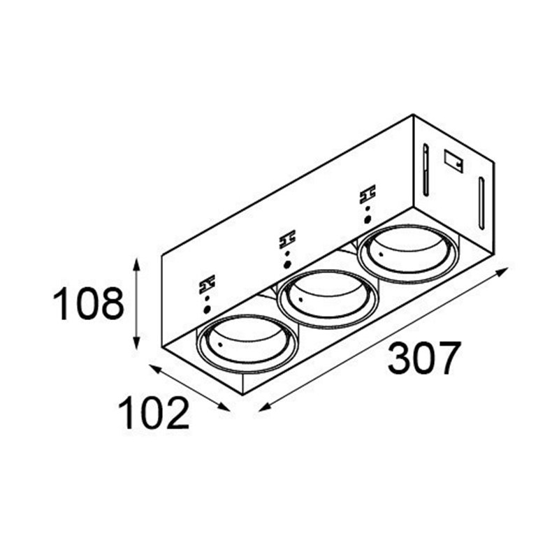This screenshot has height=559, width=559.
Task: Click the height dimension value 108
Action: [x=89, y=305]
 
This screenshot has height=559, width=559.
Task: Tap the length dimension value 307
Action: [x=424, y=358]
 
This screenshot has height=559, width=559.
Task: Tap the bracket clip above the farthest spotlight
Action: [x=367, y=193]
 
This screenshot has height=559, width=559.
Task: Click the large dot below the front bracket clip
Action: [x=208, y=310]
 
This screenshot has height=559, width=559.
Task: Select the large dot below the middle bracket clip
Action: [x=287, y=265]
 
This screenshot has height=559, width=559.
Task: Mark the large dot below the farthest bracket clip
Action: [x=367, y=218]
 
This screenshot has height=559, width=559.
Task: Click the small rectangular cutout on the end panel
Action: [x=452, y=159]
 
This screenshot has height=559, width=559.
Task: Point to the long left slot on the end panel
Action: [x=424, y=170]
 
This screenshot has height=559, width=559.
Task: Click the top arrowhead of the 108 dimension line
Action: [x=137, y=261]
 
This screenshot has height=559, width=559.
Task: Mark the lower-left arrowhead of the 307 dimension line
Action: [x=261, y=409]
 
